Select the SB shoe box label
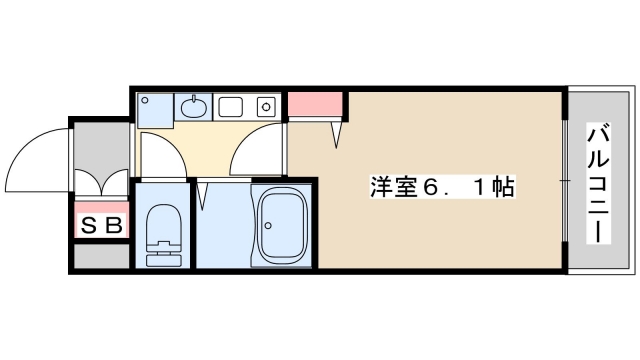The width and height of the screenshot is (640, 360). (x=101, y=225)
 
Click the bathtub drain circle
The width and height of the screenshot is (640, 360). (x=267, y=225)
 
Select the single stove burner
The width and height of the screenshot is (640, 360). (x=265, y=104)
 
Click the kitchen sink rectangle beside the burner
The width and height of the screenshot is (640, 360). (x=232, y=104)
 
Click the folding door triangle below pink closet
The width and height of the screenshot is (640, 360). (x=338, y=131)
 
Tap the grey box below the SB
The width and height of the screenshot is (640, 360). (x=101, y=255)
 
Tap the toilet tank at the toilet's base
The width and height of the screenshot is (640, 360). (x=160, y=258)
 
